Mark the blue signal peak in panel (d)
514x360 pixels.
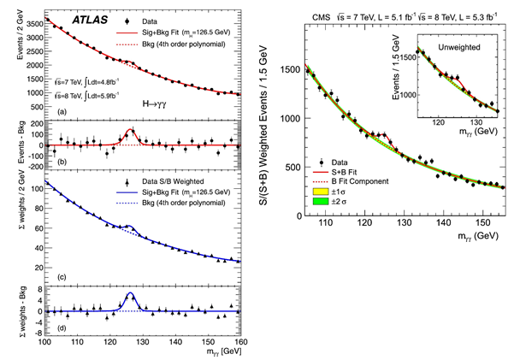pos(129,295)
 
